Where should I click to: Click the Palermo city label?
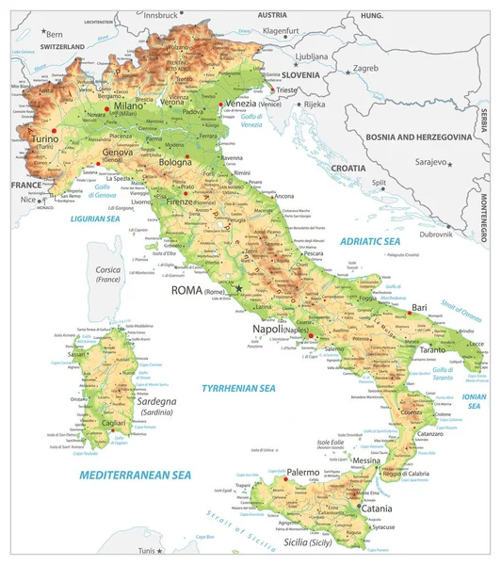click(303, 471)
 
